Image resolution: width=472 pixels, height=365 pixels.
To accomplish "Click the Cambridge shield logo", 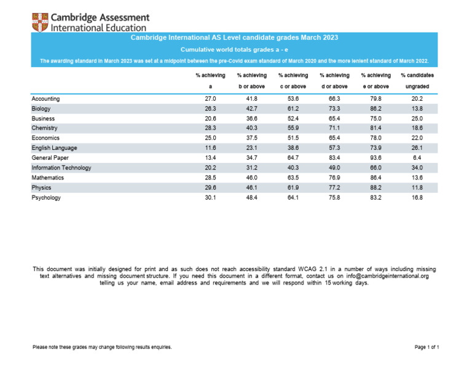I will click(41, 22).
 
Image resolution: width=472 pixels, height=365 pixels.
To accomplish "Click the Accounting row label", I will click(45, 99).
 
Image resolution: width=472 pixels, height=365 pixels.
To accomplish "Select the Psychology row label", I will click(46, 198).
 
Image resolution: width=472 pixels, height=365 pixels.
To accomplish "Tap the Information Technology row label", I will click(61, 168).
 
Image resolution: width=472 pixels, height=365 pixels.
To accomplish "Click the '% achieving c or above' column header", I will click(293, 80).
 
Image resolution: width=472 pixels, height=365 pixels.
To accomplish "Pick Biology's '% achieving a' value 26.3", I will click(210, 109).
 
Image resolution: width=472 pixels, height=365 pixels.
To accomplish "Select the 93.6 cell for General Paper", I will click(376, 158).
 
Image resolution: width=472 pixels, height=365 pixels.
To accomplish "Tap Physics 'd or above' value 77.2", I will click(335, 188).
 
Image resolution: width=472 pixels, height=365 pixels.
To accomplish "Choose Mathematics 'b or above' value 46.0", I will click(251, 178).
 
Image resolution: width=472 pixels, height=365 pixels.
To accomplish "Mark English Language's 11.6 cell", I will click(210, 148).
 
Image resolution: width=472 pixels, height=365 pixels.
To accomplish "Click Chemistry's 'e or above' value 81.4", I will click(376, 128).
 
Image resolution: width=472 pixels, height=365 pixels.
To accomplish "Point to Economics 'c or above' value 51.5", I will click(293, 138).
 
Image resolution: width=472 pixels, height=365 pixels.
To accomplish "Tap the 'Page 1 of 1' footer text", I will click(427, 348).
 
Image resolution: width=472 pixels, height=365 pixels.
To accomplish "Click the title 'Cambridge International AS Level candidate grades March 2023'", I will click(235, 38).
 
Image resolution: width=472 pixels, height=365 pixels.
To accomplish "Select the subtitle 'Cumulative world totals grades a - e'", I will click(235, 49).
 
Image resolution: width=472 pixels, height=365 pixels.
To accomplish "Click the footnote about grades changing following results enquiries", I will click(102, 348).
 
